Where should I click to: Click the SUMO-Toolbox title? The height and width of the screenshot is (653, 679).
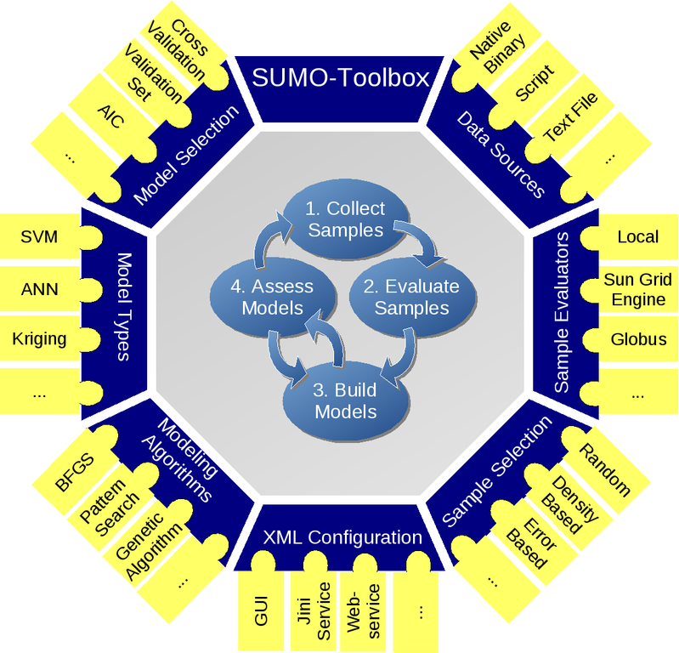(x=339, y=79)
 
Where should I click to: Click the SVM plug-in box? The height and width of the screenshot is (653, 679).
(x=39, y=236)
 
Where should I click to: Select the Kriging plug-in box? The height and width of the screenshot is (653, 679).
(x=39, y=338)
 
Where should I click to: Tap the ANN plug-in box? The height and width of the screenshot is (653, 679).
(x=39, y=289)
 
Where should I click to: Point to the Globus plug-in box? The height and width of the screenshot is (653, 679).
(x=638, y=338)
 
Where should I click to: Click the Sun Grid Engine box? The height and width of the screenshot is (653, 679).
(x=638, y=289)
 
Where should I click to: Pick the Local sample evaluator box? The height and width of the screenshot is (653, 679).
(x=638, y=236)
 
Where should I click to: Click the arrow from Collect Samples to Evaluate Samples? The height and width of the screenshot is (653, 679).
(x=420, y=242)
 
